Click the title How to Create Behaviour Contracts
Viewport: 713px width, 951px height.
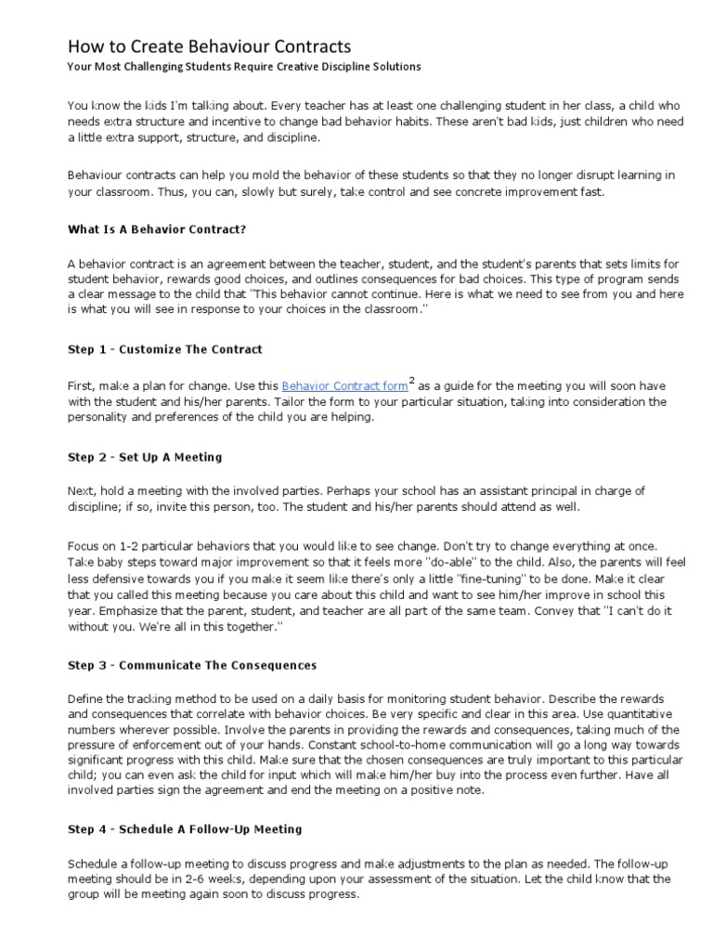pos(210,46)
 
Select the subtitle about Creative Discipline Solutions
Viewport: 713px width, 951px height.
pos(244,67)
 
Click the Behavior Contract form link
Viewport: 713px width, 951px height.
pos(344,385)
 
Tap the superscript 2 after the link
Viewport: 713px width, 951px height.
pos(412,379)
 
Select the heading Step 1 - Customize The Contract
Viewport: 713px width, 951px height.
pos(165,349)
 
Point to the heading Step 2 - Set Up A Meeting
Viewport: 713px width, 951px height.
pos(145,458)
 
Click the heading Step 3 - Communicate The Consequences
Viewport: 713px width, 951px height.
pos(192,665)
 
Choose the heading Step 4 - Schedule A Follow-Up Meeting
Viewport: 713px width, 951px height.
pos(185,828)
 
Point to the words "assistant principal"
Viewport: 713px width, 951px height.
pos(516,491)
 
